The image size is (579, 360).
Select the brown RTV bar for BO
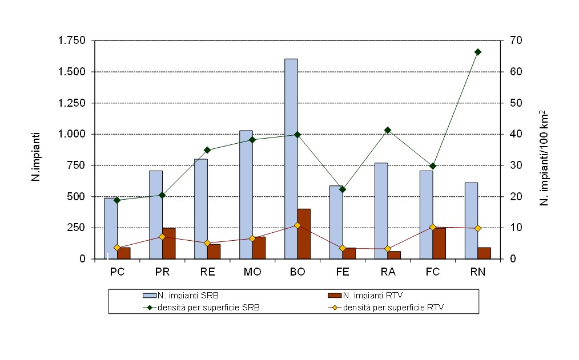pyautogui.click(x=304, y=234)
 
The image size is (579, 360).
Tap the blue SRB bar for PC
pyautogui.click(x=110, y=228)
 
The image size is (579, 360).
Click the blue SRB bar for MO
pyautogui.click(x=246, y=194)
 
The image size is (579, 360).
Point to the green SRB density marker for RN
pyautogui.click(x=478, y=52)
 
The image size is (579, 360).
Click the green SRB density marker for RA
pyautogui.click(x=388, y=130)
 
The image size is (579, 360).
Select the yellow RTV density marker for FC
pyautogui.click(x=433, y=227)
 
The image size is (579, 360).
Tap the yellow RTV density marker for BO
pyautogui.click(x=297, y=225)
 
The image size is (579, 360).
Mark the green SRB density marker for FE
pyautogui.click(x=343, y=189)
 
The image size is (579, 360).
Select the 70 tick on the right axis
pyautogui.click(x=511, y=41)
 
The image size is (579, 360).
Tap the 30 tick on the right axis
pyautogui.click(x=511, y=165)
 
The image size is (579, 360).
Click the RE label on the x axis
pyautogui.click(x=207, y=272)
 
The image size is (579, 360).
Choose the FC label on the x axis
pyautogui.click(x=433, y=272)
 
